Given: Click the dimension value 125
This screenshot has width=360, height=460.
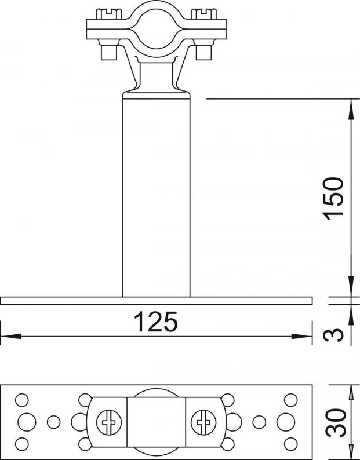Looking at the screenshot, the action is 156,322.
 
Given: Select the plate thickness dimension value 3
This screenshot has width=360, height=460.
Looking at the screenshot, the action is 333,335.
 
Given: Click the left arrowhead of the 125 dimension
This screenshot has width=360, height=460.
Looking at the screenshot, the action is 11,336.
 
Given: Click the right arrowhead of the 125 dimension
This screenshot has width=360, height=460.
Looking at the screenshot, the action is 301,336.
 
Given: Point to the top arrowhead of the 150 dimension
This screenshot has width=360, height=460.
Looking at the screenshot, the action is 351,109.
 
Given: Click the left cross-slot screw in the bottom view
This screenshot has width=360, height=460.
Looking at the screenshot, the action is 109,422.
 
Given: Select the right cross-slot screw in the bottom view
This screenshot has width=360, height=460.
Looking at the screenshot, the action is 203,422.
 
